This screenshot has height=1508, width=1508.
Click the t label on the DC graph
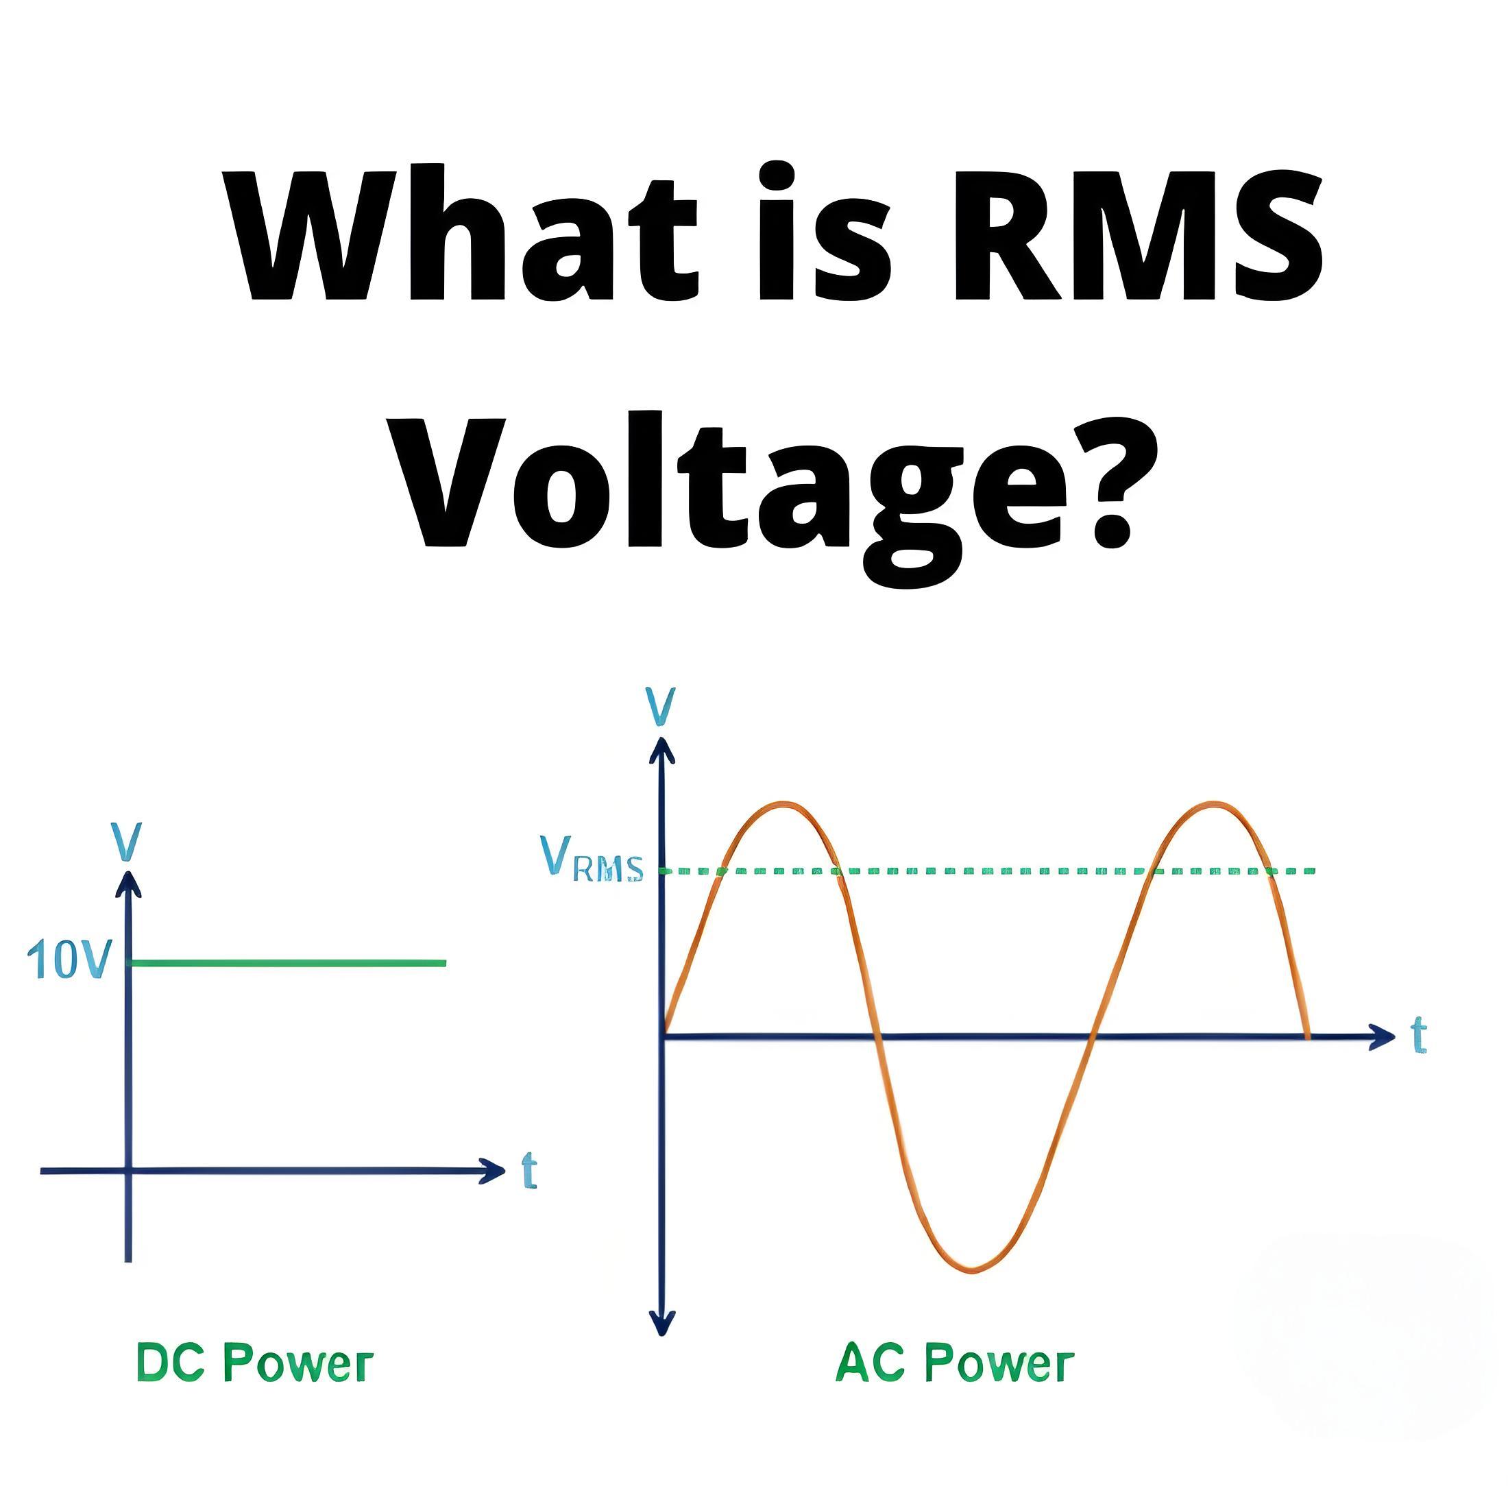(529, 1171)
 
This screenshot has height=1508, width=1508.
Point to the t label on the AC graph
(1418, 1036)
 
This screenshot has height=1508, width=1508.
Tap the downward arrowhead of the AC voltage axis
(662, 1322)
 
